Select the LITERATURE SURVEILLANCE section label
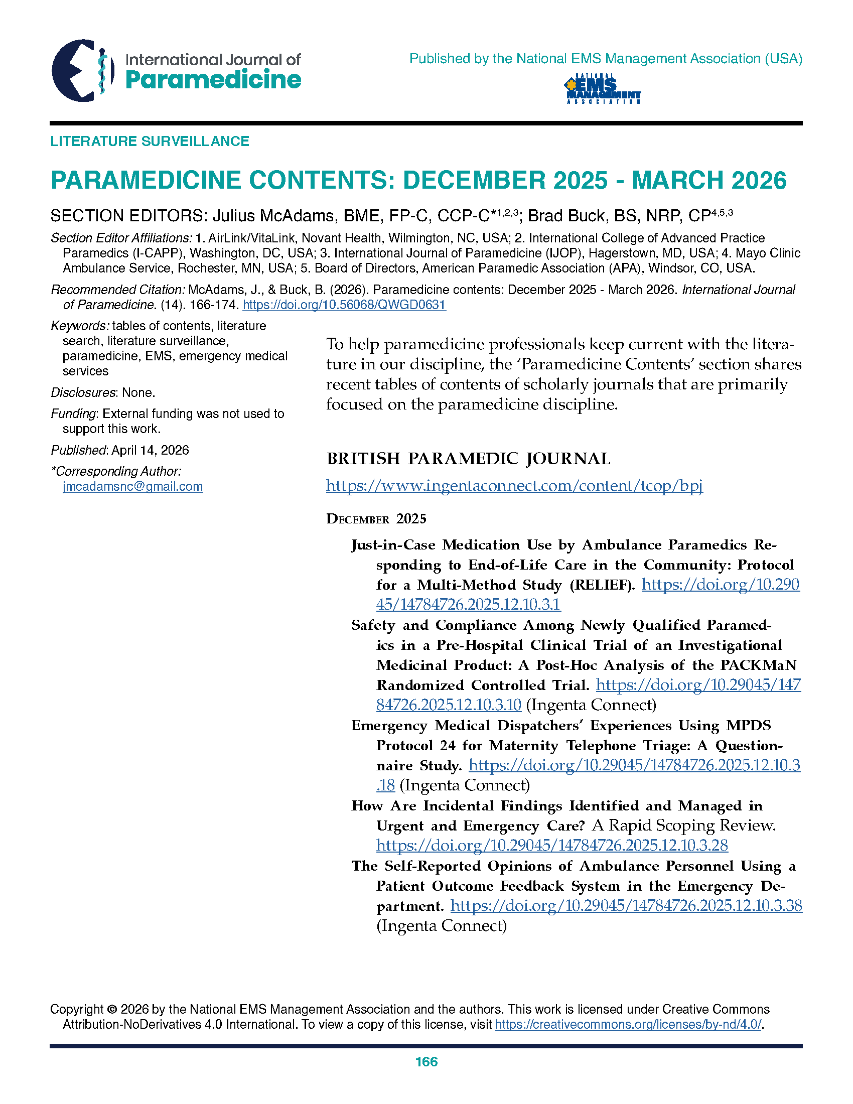pyautogui.click(x=150, y=141)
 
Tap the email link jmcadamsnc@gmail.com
pyautogui.click(x=132, y=486)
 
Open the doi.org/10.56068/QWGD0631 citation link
pyautogui.click(x=344, y=305)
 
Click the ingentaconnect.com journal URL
pyautogui.click(x=514, y=486)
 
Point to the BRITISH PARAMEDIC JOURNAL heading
pyautogui.click(x=469, y=459)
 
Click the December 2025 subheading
pyautogui.click(x=376, y=519)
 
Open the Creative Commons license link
pyautogui.click(x=628, y=1025)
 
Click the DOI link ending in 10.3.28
pyautogui.click(x=552, y=845)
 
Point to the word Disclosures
pyautogui.click(x=83, y=393)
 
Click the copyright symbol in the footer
pyautogui.click(x=112, y=1010)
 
